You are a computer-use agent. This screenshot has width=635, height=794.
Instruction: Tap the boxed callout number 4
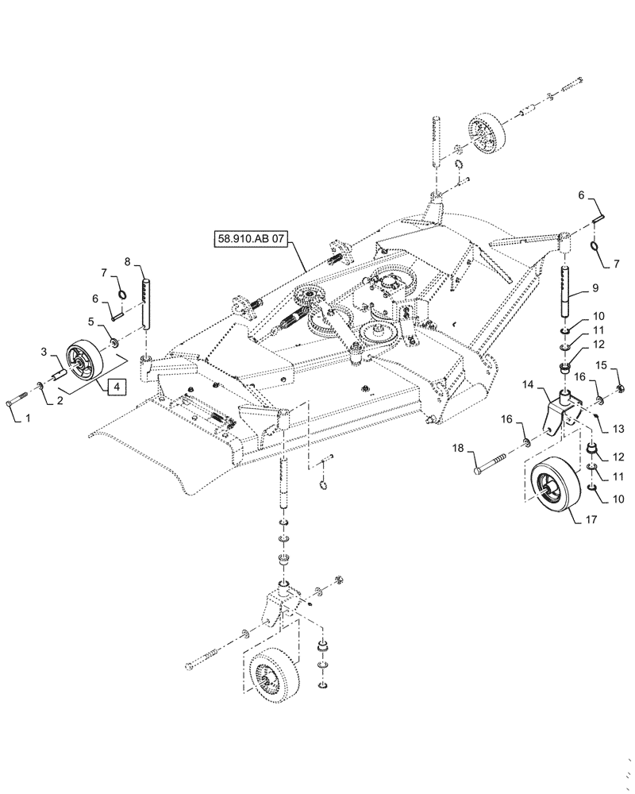click(116, 387)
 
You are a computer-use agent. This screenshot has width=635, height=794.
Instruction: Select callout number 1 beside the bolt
click(15, 418)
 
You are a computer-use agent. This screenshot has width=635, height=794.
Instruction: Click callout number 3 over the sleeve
click(44, 352)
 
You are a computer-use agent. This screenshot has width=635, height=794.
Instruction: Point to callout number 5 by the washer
click(90, 322)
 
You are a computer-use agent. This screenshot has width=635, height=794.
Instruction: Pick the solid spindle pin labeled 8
click(147, 299)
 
